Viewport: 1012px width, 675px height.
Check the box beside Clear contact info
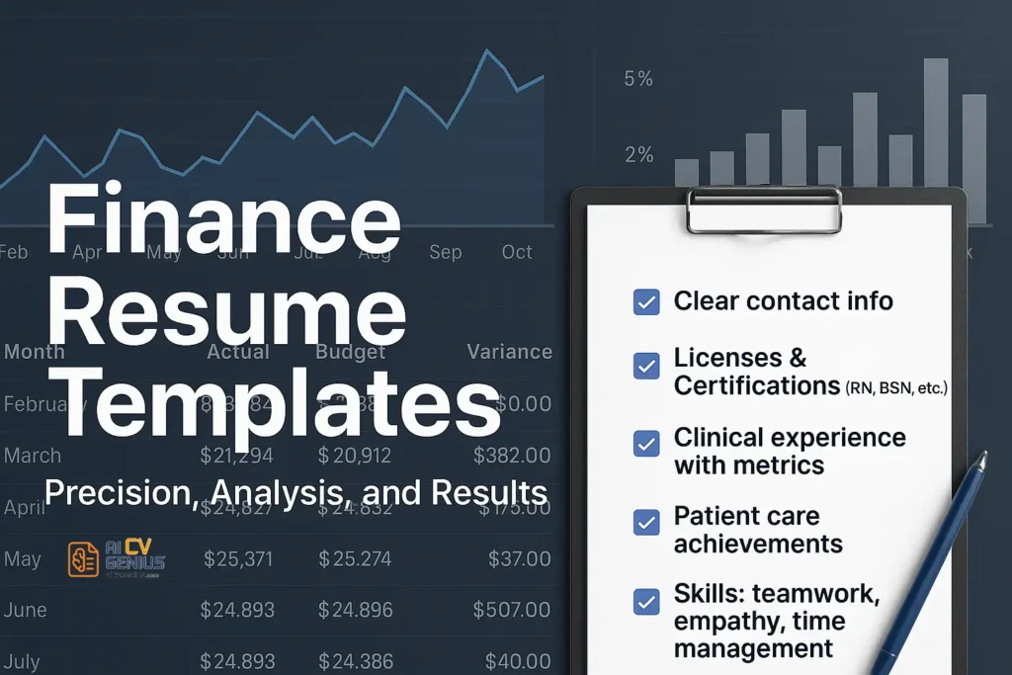point(646,302)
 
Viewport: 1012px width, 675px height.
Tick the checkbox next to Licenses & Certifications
point(646,367)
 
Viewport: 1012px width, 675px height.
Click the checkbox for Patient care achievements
point(646,523)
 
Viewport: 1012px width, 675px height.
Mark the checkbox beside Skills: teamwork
point(646,601)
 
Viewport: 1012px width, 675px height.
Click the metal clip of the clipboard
point(765,209)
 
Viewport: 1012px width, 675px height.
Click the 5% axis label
point(638,78)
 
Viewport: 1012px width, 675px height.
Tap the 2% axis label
point(638,154)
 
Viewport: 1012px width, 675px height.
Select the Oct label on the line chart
point(517,252)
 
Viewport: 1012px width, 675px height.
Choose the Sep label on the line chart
point(446,252)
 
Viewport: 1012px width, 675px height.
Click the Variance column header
point(509,351)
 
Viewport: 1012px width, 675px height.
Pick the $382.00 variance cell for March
point(512,456)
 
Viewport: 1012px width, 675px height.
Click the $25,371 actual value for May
point(239,559)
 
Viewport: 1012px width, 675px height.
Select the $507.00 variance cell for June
point(512,611)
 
